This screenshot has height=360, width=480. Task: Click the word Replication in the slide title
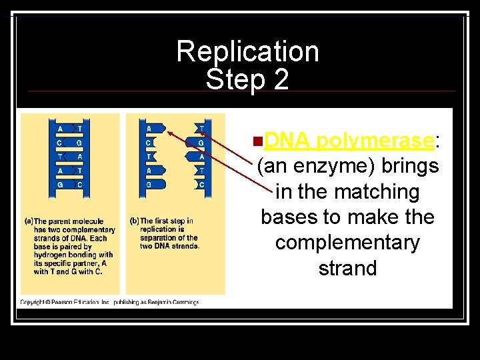(x=247, y=51)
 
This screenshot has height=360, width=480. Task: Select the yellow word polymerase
(x=375, y=141)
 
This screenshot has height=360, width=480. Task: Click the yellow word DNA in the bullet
(x=287, y=141)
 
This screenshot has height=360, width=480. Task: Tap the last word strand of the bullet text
(x=347, y=268)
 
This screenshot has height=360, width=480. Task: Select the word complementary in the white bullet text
(x=347, y=243)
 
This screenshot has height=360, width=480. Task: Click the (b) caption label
(x=133, y=221)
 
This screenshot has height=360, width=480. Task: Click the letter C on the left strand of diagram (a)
(x=60, y=143)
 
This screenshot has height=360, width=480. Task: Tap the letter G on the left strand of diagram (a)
(x=60, y=185)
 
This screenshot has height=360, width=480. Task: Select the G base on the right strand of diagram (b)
(x=201, y=143)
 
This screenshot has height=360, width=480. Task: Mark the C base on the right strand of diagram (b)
(x=201, y=185)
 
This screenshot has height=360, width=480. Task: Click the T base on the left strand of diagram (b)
(x=148, y=157)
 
